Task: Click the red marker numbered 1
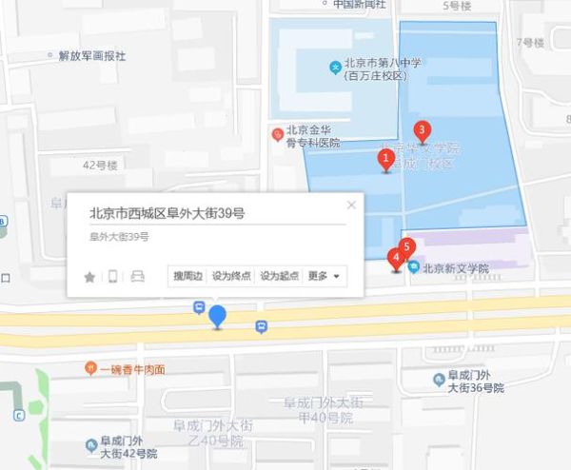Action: (x=386, y=159)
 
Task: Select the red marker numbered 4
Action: (x=396, y=258)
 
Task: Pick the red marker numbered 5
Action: (x=407, y=247)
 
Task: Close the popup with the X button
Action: (x=351, y=205)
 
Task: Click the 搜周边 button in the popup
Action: (x=186, y=276)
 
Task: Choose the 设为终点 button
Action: (x=231, y=276)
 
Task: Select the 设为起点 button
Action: (x=279, y=276)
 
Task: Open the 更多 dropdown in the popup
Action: (x=324, y=276)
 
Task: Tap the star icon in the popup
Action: (x=89, y=277)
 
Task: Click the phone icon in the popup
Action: (x=112, y=277)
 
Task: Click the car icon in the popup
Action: (x=137, y=277)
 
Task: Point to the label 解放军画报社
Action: (x=91, y=56)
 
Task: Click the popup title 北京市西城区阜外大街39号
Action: (x=167, y=214)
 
